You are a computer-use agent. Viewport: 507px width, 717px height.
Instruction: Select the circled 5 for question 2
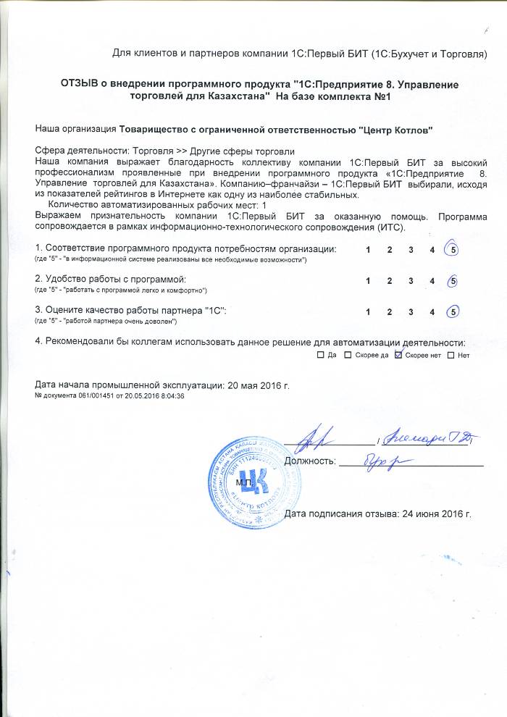coord(453,281)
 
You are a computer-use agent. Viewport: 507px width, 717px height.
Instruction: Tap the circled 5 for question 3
coord(453,312)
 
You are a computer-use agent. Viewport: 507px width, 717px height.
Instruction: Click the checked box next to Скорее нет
coord(397,356)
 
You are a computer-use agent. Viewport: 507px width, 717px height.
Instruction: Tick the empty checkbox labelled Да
coord(321,356)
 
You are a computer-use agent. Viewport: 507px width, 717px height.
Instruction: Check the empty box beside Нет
coord(451,356)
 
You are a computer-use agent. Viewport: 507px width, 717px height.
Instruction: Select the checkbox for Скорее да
coord(348,356)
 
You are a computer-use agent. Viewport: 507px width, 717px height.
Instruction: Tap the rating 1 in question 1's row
coord(369,250)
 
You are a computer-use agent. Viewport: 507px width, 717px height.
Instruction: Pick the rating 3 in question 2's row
coord(411,281)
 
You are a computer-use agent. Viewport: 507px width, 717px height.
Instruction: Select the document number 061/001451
coord(78,396)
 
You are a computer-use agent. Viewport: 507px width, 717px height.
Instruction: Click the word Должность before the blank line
coord(309,461)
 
